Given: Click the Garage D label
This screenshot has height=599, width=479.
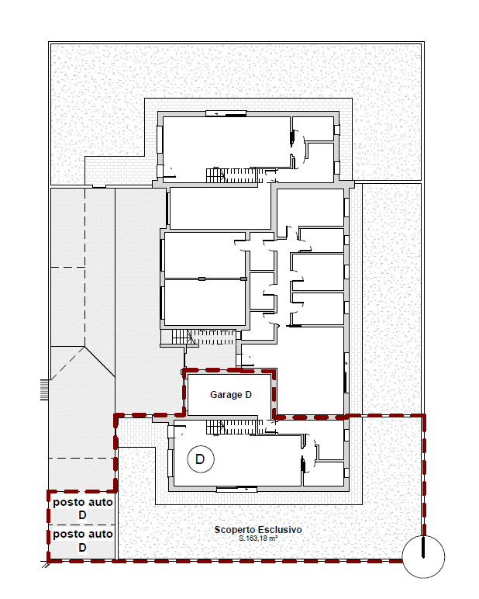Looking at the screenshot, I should pyautogui.click(x=230, y=395).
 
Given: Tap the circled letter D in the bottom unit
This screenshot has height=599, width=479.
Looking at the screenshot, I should pyautogui.click(x=199, y=459).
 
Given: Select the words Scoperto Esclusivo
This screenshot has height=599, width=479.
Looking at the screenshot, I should pyautogui.click(x=257, y=530).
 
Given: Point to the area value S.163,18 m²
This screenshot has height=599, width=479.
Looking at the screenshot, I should pyautogui.click(x=257, y=538).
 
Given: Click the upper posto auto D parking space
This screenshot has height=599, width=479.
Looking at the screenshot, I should pyautogui.click(x=83, y=508).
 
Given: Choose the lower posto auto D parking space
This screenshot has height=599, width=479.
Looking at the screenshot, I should pyautogui.click(x=83, y=541).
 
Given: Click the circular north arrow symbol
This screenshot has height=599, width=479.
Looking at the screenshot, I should pyautogui.click(x=424, y=556).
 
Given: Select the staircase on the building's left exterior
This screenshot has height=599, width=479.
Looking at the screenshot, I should pyautogui.click(x=181, y=336).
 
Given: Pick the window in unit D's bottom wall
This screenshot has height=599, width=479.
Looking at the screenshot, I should pyautogui.click(x=236, y=489).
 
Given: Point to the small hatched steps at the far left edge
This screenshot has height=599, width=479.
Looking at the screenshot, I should pyautogui.click(x=44, y=389).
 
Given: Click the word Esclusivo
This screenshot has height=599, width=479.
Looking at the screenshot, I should pyautogui.click(x=280, y=530).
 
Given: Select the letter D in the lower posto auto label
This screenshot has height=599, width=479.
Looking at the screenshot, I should pyautogui.click(x=82, y=547).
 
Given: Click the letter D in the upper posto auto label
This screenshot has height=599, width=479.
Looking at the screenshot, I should pyautogui.click(x=82, y=514).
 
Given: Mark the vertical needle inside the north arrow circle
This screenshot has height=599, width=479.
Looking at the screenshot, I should pyautogui.click(x=424, y=549).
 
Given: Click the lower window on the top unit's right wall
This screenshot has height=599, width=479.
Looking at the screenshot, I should pyautogui.click(x=336, y=166).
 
